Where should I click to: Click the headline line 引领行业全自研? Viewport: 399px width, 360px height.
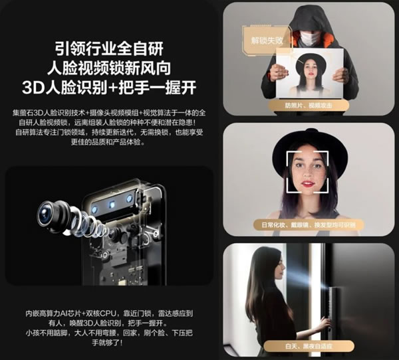coord(110,49)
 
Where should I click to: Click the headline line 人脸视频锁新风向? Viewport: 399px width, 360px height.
coord(110,68)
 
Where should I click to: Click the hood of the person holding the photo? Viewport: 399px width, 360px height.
coord(308,17)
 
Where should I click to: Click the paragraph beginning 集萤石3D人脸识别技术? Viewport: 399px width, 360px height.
coord(110,134)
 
